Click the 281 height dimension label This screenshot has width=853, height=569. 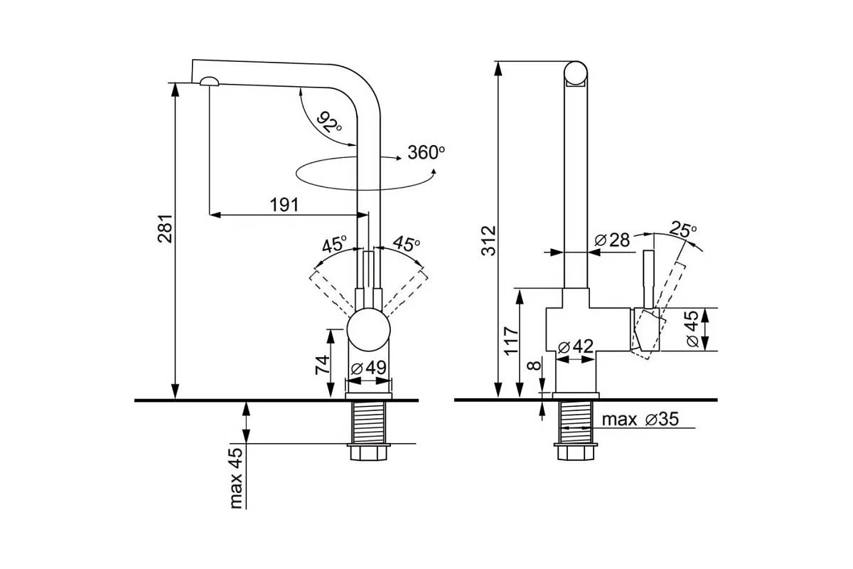[166, 229]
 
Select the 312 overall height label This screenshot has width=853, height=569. [488, 241]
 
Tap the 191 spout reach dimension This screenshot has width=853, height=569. [284, 205]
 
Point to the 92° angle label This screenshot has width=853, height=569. [329, 122]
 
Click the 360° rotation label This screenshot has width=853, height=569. [426, 152]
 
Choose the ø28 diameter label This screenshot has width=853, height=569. [612, 240]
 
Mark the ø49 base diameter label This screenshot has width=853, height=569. [369, 368]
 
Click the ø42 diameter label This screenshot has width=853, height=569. [575, 346]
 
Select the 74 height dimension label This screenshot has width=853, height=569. [322, 365]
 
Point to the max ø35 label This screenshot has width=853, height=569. [640, 419]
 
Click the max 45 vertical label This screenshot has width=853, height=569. [236, 478]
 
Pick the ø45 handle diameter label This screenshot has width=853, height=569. [692, 329]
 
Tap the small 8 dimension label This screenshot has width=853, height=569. [535, 365]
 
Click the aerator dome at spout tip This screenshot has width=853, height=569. [210, 81]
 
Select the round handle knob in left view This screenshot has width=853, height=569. [369, 329]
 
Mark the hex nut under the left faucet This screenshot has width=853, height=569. [368, 452]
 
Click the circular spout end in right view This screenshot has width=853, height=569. [576, 73]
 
